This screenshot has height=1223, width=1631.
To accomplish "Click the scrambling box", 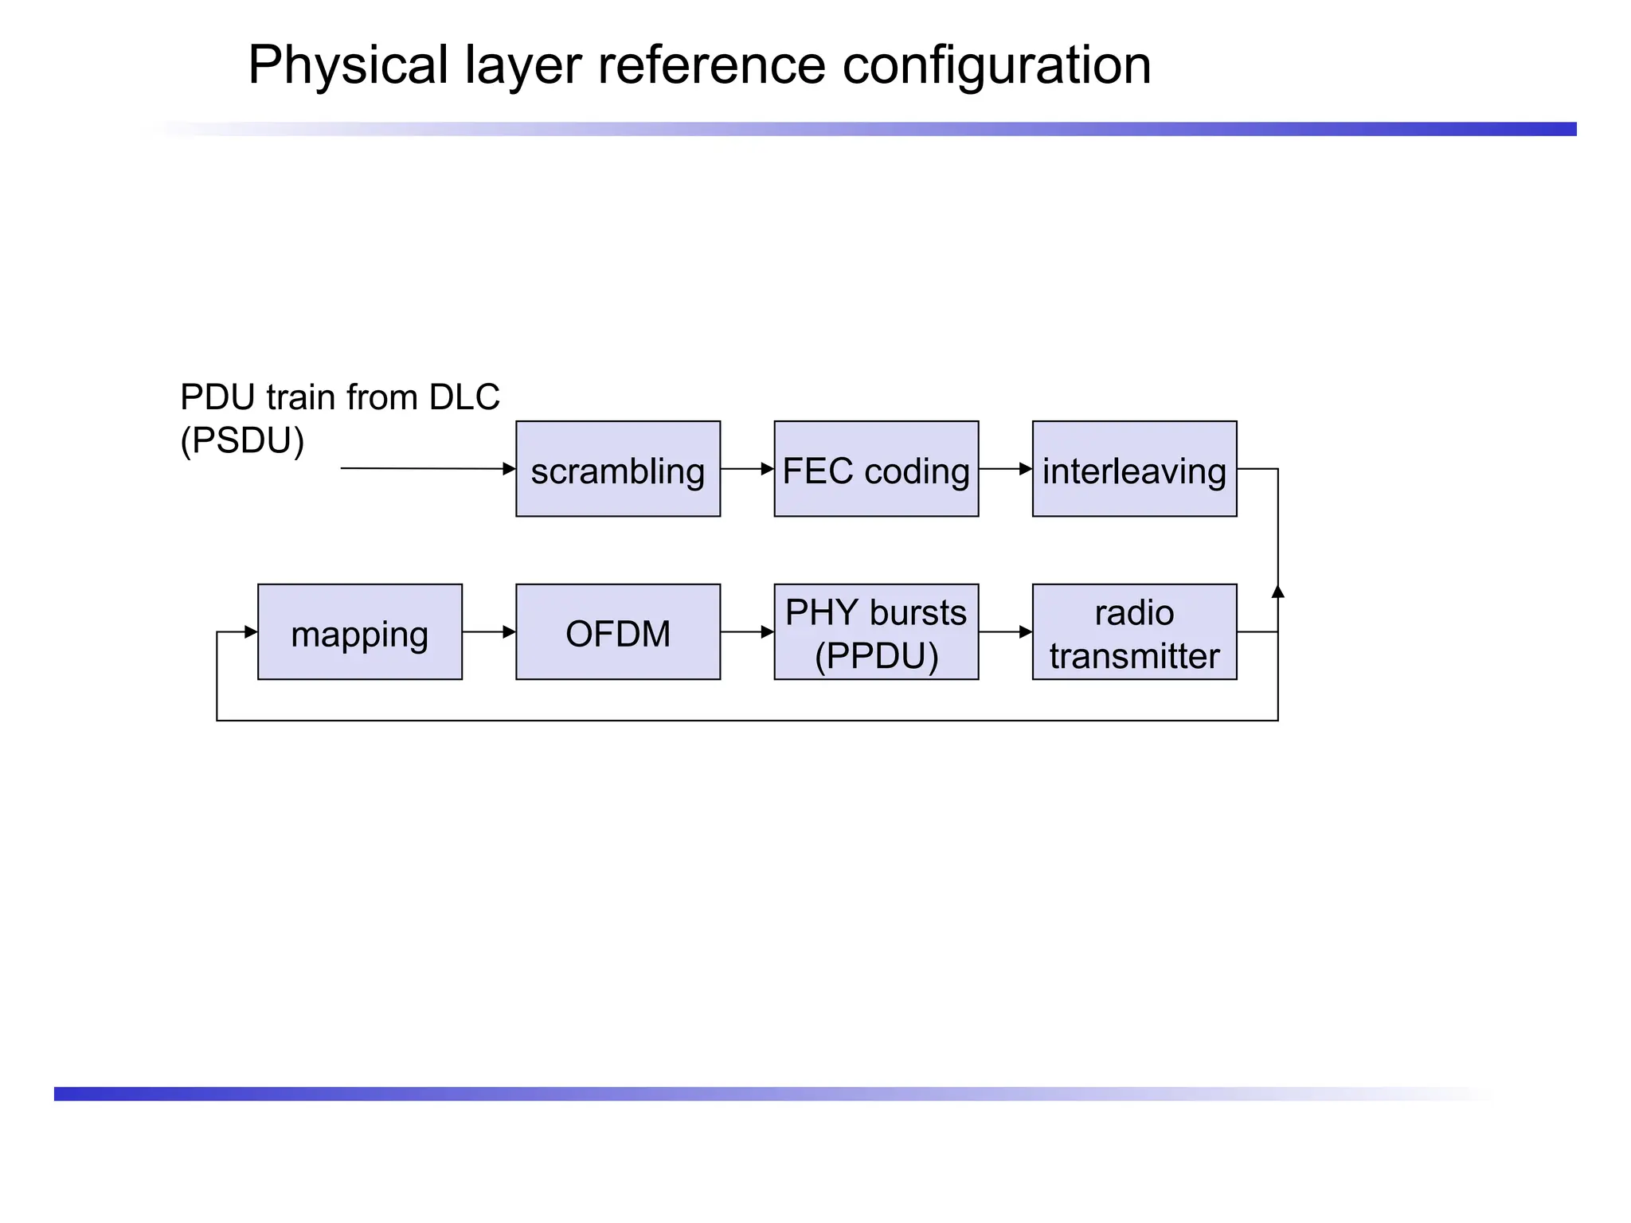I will pos(618,469).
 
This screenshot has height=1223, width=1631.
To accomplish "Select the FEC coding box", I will pos(876,469).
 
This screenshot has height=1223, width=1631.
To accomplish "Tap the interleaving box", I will pos(1134,469).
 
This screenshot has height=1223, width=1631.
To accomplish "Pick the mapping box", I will pos(360,632).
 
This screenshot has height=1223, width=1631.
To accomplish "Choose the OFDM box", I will pos(618,632).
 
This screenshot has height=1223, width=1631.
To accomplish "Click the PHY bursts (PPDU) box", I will pos(876,632).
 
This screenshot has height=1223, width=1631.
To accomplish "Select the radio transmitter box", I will pos(1134,632).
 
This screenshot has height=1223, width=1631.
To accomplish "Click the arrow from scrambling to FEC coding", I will pos(747,469).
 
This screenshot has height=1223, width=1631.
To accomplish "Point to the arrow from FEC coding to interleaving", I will pos(1005,469).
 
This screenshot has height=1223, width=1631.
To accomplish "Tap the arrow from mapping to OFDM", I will pos(488,632).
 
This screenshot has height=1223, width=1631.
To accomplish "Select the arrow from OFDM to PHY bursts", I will pos(747,632).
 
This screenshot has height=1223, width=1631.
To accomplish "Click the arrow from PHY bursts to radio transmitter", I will pos(1005,632).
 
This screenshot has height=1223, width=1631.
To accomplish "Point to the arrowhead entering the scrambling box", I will pos(510,469).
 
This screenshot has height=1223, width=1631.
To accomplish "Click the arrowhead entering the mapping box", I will pos(251,632).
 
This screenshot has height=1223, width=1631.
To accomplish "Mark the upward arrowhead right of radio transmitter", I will pos(1278,592).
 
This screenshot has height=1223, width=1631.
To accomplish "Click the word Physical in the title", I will pos(348,65).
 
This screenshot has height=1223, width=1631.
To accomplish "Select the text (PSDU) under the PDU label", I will pos(242,441).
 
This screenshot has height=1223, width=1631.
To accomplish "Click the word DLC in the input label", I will pos(464,397).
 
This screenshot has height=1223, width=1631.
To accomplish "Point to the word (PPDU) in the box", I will pos(876,656).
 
